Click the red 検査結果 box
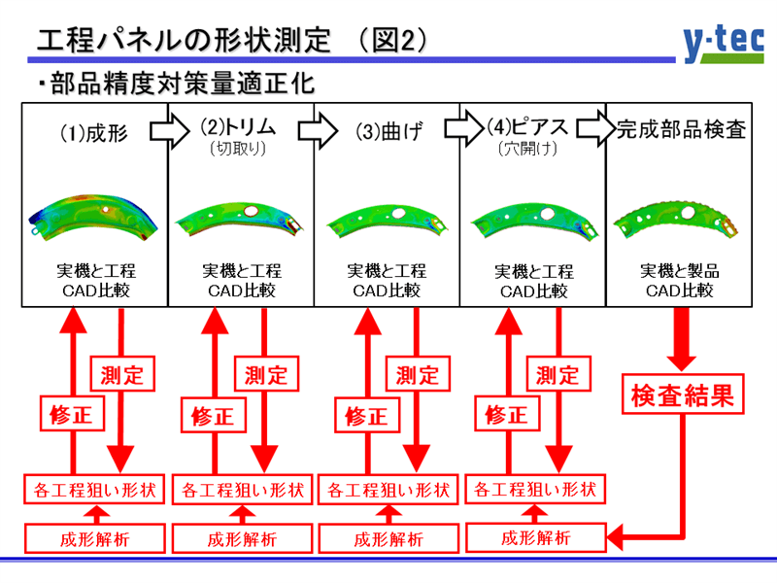[681, 395]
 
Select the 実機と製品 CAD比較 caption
[680, 281]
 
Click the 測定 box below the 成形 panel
[120, 373]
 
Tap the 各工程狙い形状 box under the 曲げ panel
[387, 489]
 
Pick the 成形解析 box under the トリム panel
[242, 537]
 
